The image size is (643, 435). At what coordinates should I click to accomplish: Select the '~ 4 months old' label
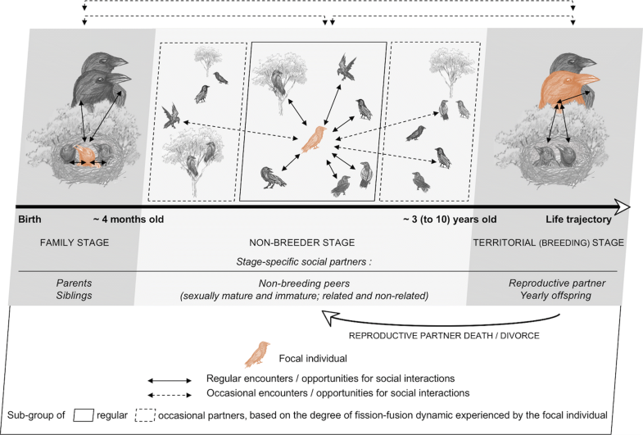[127, 220]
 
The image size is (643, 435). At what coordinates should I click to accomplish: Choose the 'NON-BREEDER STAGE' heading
[308, 242]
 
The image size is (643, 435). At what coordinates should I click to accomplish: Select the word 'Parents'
[74, 282]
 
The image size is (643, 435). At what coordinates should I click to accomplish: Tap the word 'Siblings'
[74, 296]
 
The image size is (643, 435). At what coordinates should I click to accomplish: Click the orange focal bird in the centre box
[313, 138]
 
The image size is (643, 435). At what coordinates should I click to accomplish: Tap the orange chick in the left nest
[84, 155]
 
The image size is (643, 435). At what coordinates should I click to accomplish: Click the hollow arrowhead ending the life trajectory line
[622, 206]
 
